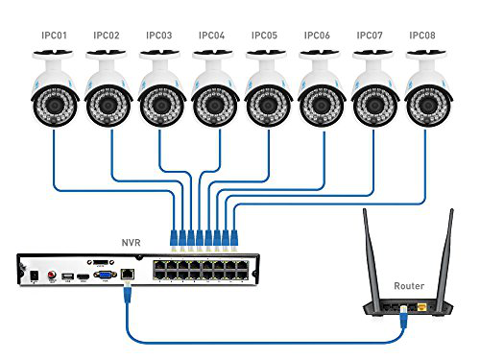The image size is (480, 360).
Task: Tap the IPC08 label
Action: pos(422,36)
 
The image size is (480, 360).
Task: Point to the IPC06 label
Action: pos(317,36)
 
